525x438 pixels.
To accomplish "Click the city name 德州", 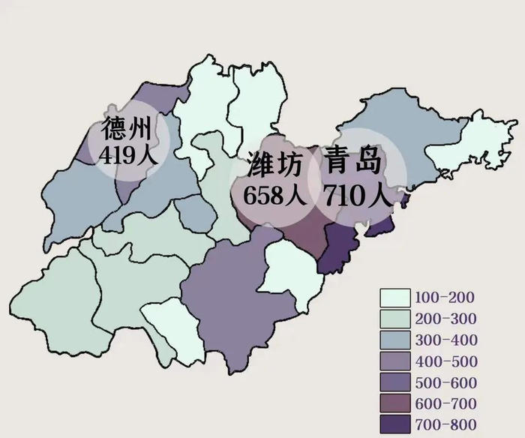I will (125, 130).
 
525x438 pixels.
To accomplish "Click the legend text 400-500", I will (445, 361).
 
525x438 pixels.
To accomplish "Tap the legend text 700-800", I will (445, 424).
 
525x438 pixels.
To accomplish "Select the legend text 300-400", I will (445, 340).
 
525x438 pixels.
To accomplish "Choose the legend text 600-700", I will (445, 403).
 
